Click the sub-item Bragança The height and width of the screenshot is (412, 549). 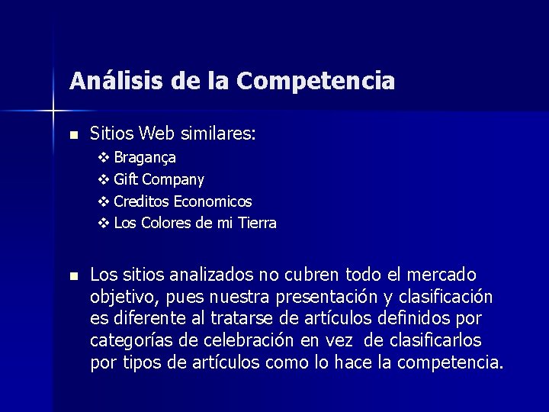[145, 158]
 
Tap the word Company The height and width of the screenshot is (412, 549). [173, 180]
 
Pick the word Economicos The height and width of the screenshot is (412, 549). [213, 202]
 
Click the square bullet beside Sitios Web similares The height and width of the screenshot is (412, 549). [73, 135]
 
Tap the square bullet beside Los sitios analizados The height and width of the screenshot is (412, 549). [73, 275]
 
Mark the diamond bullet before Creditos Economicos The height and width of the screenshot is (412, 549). [104, 202]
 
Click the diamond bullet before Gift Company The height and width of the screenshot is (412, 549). [104, 180]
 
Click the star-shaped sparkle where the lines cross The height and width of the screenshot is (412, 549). [54, 111]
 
